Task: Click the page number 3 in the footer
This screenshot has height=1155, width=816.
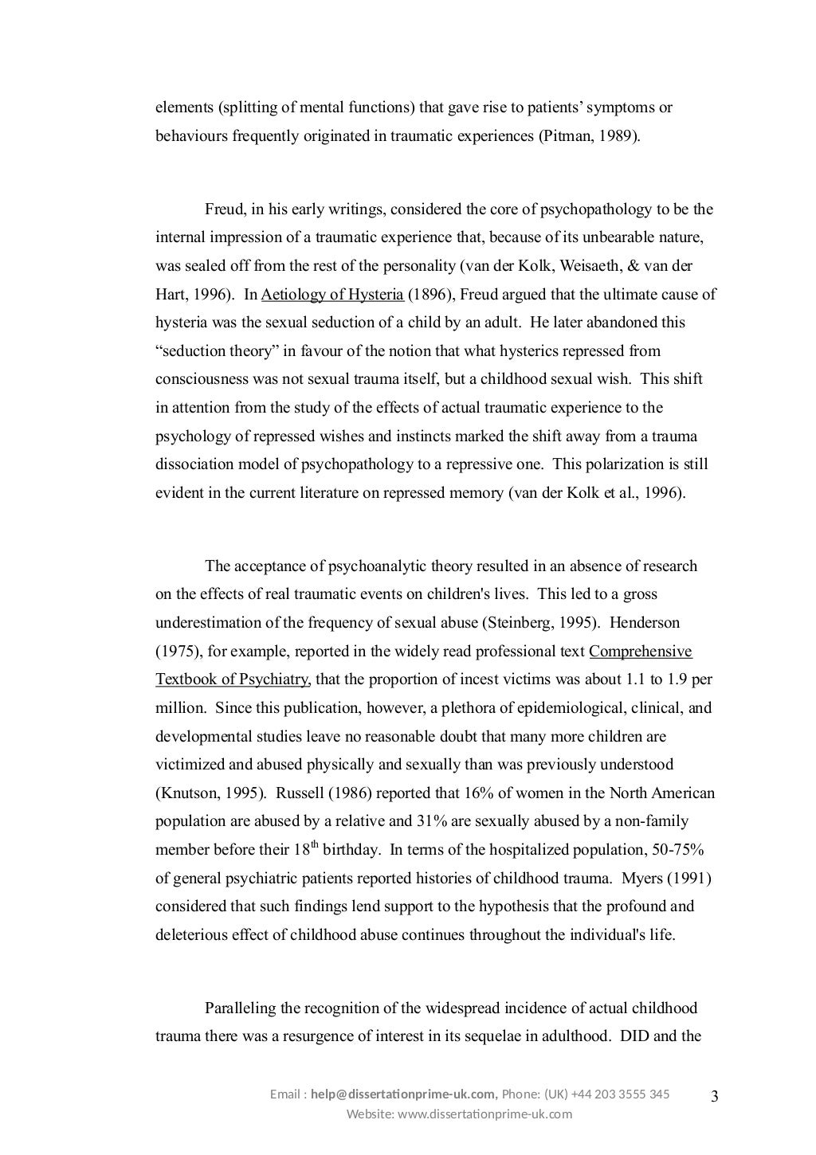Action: coord(714,1097)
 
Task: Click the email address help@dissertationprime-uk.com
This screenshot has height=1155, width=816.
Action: coord(403,1094)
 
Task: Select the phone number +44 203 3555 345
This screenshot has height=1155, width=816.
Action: coord(620,1094)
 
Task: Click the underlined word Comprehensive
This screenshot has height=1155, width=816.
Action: coord(641,652)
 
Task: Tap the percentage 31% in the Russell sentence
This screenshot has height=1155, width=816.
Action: coord(425,821)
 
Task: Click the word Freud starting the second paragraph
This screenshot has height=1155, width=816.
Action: coord(223,210)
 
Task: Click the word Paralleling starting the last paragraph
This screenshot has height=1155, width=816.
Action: coord(241,1008)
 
